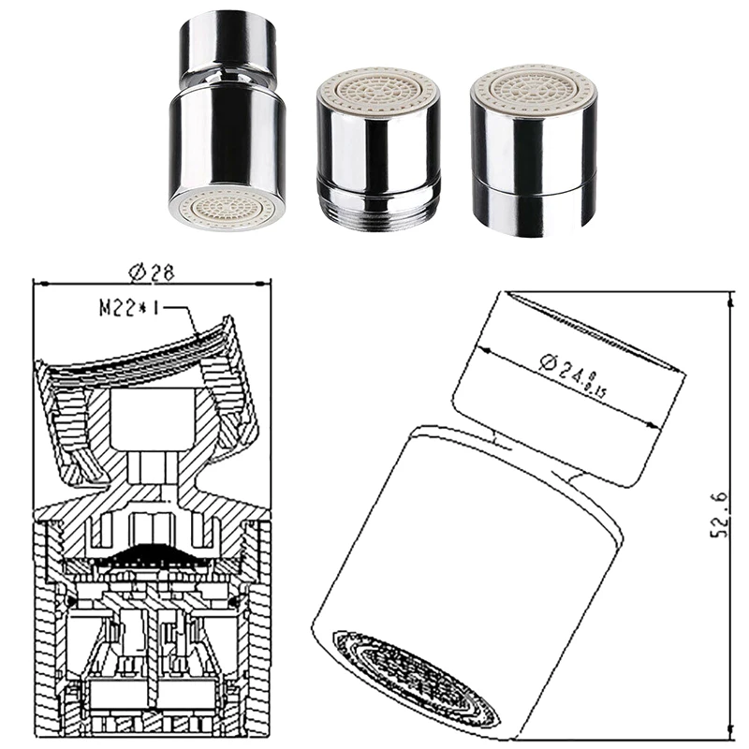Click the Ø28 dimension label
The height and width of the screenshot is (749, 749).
153,272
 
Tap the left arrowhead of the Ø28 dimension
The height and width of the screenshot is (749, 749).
37,283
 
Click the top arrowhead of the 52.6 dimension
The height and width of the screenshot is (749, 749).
728,298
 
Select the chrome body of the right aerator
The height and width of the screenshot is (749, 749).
533,140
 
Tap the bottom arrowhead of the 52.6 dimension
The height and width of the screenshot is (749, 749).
728,732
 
